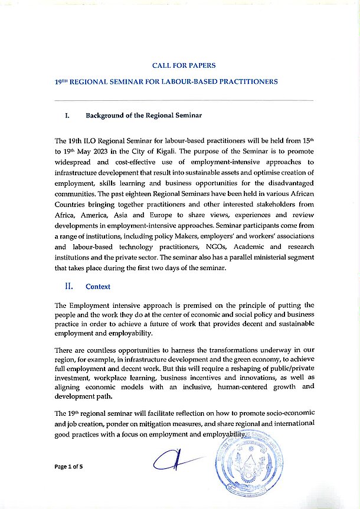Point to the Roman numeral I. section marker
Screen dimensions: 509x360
(67, 116)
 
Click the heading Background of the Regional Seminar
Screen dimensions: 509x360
(143, 116)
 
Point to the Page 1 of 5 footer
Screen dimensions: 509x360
(69, 467)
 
